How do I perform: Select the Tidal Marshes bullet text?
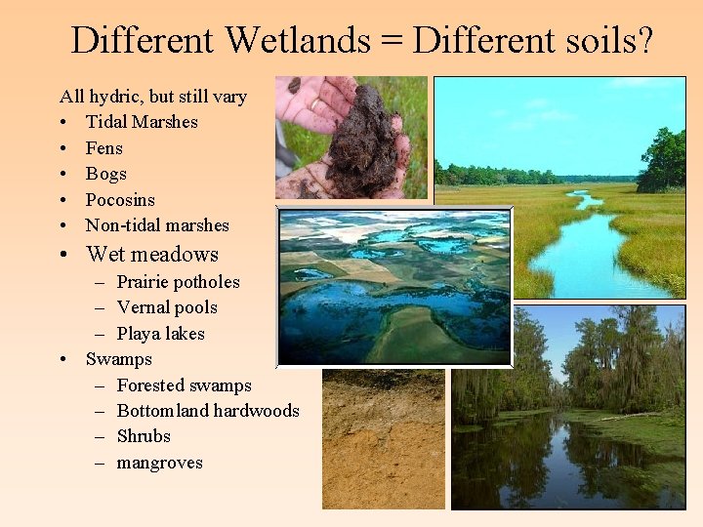pyautogui.click(x=142, y=122)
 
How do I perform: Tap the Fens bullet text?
pyautogui.click(x=104, y=148)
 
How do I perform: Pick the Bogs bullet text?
pyautogui.click(x=106, y=174)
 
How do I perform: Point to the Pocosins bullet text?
pyautogui.click(x=120, y=200)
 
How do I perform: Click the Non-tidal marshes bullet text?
pyautogui.click(x=157, y=225)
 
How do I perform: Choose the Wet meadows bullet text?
pyautogui.click(x=152, y=255)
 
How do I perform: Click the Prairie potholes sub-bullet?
pyautogui.click(x=178, y=282)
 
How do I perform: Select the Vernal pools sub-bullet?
pyautogui.click(x=167, y=307)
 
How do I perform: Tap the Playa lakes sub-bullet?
pyautogui.click(x=160, y=334)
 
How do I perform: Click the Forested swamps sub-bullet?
pyautogui.click(x=184, y=385)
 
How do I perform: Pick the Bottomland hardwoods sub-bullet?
pyautogui.click(x=208, y=411)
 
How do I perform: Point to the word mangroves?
pyautogui.click(x=159, y=463)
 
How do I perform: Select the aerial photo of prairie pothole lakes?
pyautogui.click(x=394, y=287)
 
